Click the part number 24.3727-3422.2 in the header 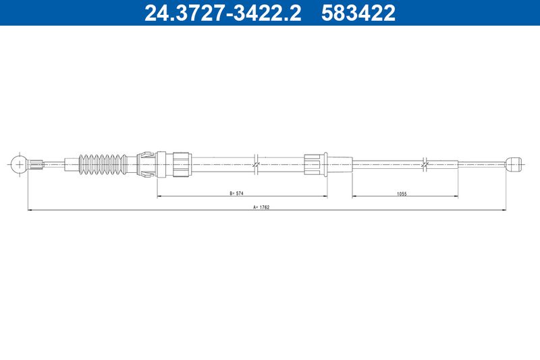[223, 13]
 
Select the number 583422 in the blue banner [358, 13]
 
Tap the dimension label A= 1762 [261, 207]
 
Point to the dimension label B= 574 [237, 193]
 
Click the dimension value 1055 [402, 194]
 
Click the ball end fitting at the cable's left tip [19, 164]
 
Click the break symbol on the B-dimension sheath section [256, 164]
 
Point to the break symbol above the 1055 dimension [425, 164]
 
